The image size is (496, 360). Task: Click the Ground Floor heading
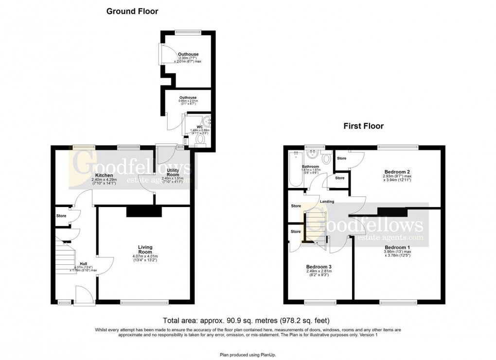pyautogui.click(x=132, y=11)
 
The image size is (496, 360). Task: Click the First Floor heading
pyautogui.click(x=363, y=126)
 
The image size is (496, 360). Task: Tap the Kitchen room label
pyautogui.click(x=104, y=175)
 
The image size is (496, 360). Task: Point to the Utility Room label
pyautogui.click(x=173, y=172)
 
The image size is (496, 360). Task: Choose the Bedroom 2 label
pyautogui.click(x=397, y=172)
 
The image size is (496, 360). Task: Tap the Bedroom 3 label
pyautogui.click(x=319, y=267)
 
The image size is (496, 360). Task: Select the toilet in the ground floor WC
pyautogui.click(x=200, y=140)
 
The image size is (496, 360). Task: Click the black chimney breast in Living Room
pyautogui.click(x=143, y=211)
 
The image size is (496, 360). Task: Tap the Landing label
pyautogui.click(x=326, y=202)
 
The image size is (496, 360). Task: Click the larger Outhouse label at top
pyautogui.click(x=187, y=54)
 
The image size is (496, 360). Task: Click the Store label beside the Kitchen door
pyautogui.click(x=61, y=216)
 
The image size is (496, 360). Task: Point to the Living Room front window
pyautogui.click(x=144, y=303)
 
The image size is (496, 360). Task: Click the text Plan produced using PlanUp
pyautogui.click(x=248, y=355)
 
